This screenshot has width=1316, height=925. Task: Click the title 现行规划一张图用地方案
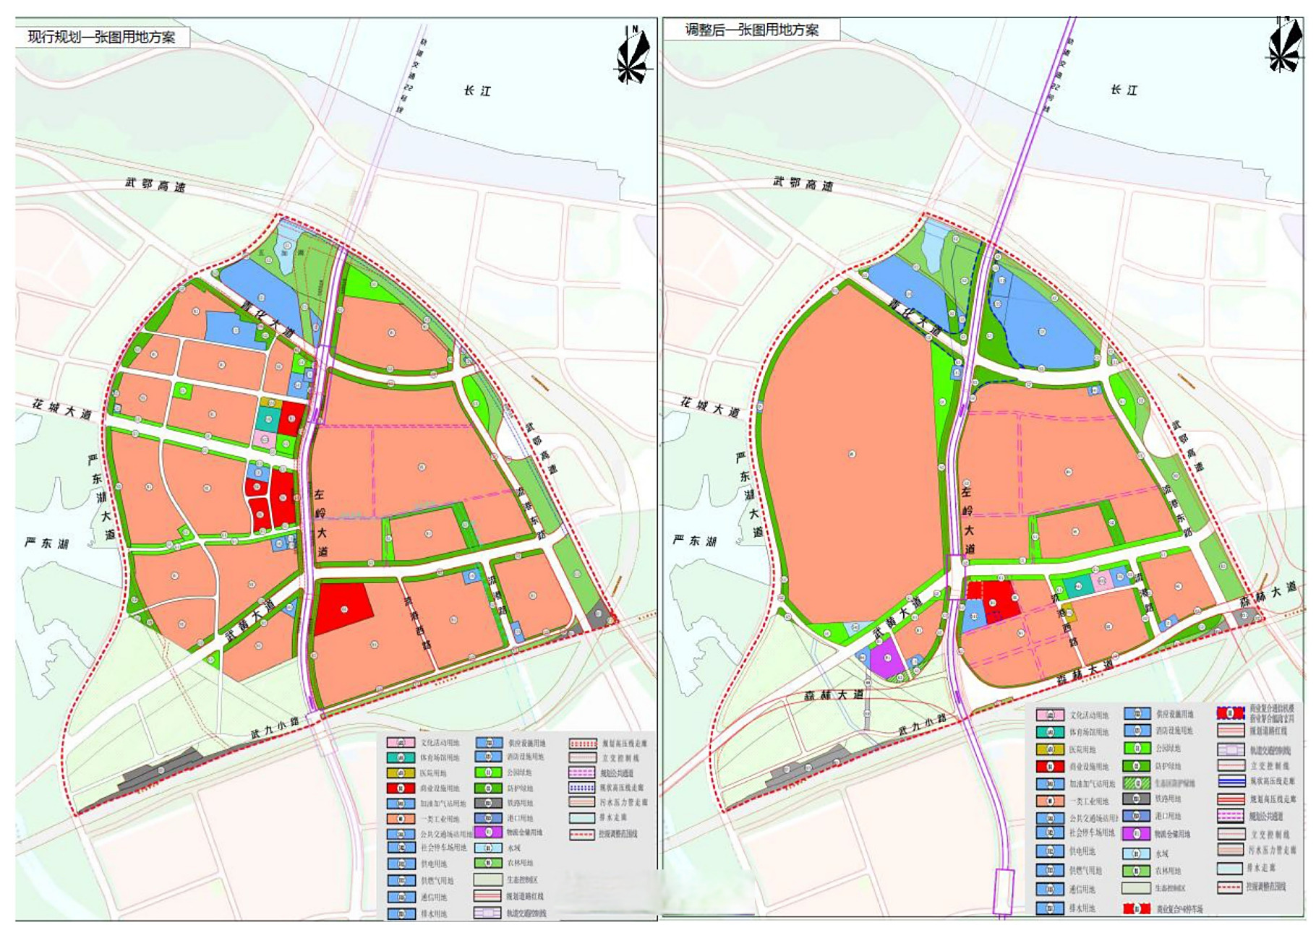[x=101, y=37]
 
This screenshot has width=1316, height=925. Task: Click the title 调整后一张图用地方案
[x=752, y=30]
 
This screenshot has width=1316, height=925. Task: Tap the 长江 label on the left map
[x=477, y=90]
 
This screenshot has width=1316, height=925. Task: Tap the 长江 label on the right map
[x=1124, y=90]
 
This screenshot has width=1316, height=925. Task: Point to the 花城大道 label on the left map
[x=62, y=409]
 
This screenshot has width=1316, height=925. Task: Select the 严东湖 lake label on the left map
[x=46, y=543]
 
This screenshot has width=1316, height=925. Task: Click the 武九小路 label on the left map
[x=275, y=727]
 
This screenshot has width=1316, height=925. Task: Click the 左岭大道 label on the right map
[x=967, y=520]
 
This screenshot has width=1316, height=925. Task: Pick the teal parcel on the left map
[x=267, y=418]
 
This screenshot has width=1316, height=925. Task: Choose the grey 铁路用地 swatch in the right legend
[x=1136, y=799]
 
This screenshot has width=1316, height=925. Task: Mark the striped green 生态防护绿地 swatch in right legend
[x=1136, y=783]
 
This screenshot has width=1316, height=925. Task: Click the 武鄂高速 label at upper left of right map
[x=803, y=184]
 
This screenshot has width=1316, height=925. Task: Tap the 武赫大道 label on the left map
[x=249, y=621]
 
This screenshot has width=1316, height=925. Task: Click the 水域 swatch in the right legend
[x=1136, y=853]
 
